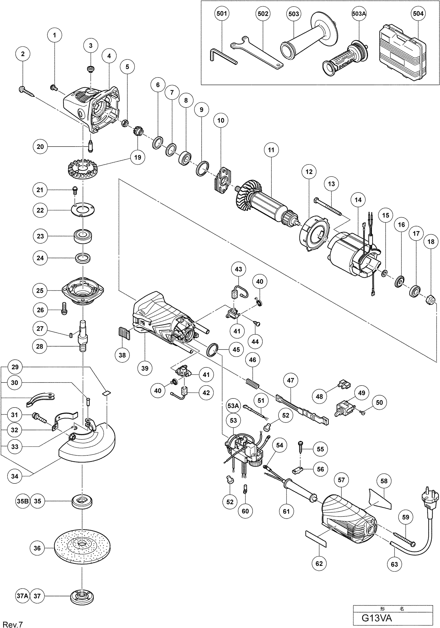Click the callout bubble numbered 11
[271, 150]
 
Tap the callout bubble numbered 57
[341, 480]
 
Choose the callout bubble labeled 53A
[233, 406]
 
